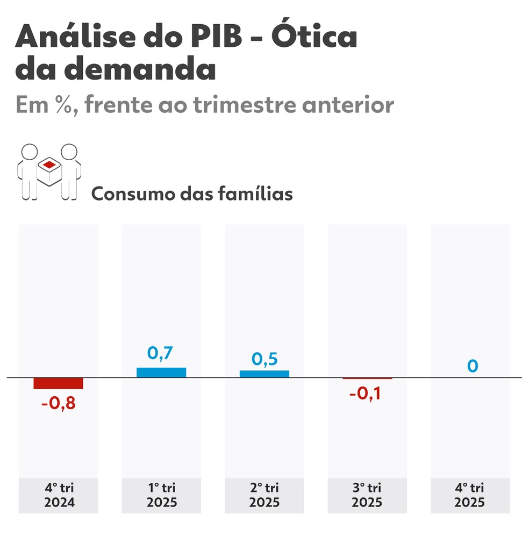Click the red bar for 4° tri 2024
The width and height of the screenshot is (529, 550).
pos(58,383)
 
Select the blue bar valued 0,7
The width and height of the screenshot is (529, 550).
pos(161,373)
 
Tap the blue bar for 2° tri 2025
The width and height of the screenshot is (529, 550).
pos(264,374)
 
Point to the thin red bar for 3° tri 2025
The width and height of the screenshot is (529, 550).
pos(367,378)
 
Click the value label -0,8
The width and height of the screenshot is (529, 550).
pos(58,403)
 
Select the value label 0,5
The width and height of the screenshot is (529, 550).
pos(264,359)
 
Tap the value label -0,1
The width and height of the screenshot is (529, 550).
pos(367,394)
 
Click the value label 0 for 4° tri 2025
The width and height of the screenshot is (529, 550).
pos(472,366)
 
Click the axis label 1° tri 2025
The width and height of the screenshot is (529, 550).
pos(161,495)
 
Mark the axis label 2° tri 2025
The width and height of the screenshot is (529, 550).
pos(264,495)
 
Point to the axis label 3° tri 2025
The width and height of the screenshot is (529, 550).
pos(367,495)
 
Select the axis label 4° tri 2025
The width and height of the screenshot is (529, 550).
pos(470,495)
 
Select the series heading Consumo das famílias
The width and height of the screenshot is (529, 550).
pos(192,194)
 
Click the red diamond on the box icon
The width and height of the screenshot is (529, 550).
pos(49,164)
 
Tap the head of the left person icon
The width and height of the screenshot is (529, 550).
pos(29,152)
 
